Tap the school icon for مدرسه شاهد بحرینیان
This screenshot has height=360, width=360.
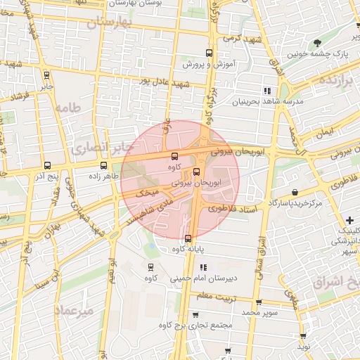pyautogui.click(x=266, y=91)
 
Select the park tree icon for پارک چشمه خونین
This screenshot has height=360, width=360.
pyautogui.click(x=320, y=43)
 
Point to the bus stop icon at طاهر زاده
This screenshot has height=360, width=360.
pyautogui.click(x=103, y=167)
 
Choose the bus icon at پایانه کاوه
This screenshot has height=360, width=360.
pyautogui.click(x=188, y=238)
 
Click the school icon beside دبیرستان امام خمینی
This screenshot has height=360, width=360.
pyautogui.click(x=204, y=267)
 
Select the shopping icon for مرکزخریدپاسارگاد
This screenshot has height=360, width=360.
pyautogui.click(x=293, y=192)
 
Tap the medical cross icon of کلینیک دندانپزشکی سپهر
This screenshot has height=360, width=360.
pyautogui.click(x=349, y=221)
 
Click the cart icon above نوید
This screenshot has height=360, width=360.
pyautogui.click(x=303, y=337)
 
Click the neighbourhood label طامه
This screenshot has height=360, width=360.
pyautogui.click(x=67, y=108)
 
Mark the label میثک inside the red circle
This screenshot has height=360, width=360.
pyautogui.click(x=146, y=191)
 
